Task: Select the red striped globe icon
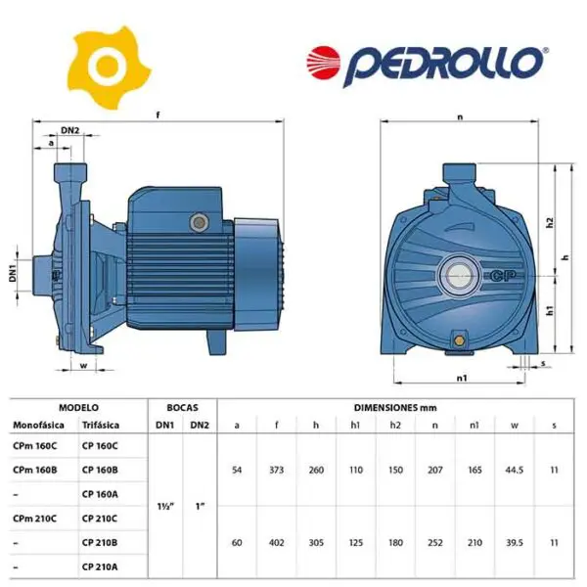tap(323, 63)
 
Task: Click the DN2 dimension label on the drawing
tap(70, 130)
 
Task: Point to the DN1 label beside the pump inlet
tap(13, 273)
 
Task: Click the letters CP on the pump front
tap(503, 276)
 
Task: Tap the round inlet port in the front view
tap(459, 276)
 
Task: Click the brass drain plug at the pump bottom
tap(458, 340)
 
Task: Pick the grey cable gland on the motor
tap(200, 223)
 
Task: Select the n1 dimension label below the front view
tap(462, 378)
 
